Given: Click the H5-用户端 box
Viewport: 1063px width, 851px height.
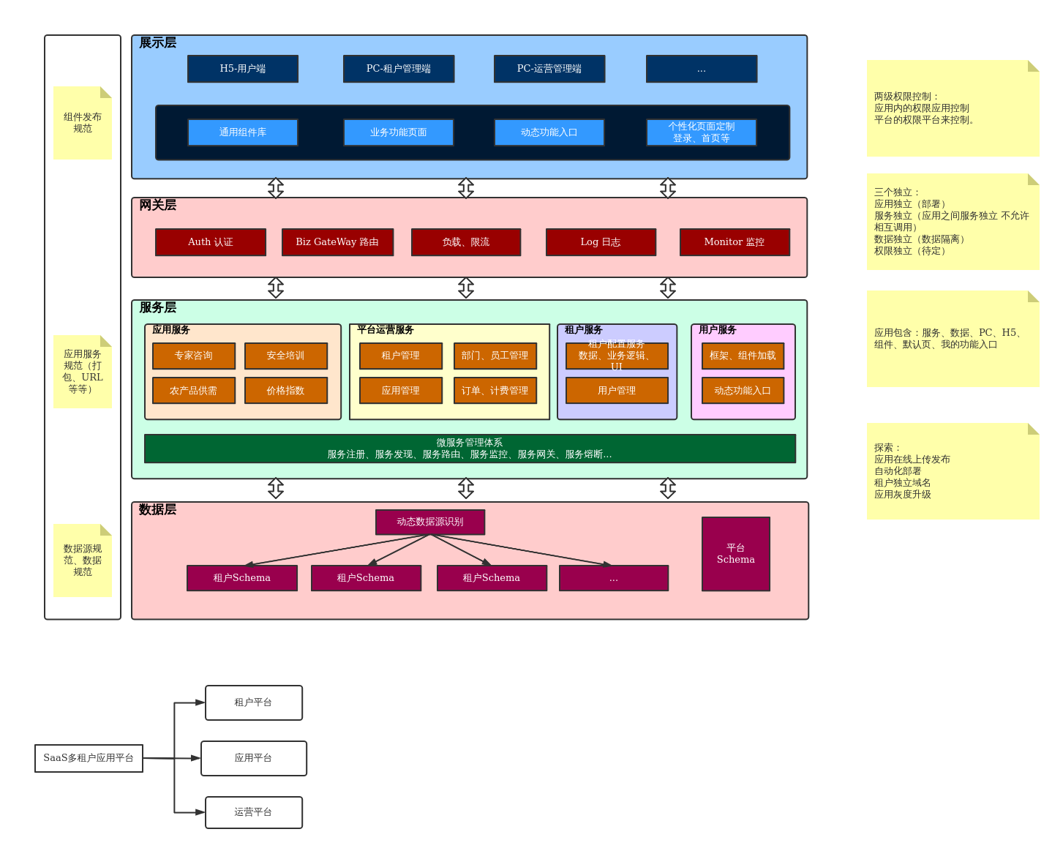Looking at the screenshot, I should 243,69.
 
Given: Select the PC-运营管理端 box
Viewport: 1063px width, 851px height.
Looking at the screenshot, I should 549,69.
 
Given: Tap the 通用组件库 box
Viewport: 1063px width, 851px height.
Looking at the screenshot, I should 243,132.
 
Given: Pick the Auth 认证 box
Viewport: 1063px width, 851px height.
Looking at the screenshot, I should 211,242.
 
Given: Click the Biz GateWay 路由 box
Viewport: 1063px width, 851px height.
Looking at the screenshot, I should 337,242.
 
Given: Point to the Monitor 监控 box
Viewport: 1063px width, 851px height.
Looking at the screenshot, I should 735,242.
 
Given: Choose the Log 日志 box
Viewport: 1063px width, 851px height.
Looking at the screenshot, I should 601,242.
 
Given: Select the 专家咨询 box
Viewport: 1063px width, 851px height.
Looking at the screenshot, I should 194,356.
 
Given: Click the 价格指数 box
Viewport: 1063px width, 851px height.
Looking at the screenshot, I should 286,391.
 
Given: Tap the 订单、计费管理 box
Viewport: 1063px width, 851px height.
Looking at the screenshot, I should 495,391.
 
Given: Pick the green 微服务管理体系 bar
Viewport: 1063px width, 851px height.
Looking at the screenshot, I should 470,449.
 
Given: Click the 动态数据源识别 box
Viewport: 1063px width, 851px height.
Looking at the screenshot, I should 430,522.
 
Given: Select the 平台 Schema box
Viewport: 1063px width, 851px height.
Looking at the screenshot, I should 736,554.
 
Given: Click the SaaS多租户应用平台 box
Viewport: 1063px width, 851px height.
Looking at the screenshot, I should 89,758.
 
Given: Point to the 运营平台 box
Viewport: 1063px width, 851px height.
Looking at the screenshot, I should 254,812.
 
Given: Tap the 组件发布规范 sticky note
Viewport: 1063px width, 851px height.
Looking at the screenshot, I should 83,123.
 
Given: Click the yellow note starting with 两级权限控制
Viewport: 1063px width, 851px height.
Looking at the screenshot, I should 953,108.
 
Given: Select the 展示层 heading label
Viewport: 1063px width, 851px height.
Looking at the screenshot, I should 158,43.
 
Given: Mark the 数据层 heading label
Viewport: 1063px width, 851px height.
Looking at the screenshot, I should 158,510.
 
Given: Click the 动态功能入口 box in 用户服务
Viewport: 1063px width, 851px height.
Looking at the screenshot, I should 743,391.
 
